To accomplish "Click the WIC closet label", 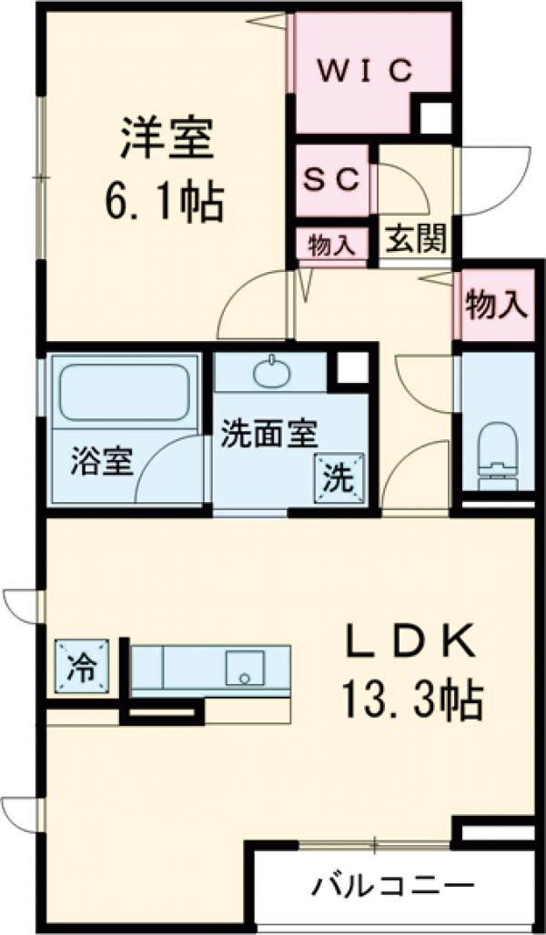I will (x=365, y=70).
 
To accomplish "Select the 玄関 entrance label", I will (x=415, y=241).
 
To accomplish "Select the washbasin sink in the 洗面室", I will (x=271, y=372).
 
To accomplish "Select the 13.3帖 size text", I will (x=411, y=699).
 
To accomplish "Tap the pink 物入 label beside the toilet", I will (x=496, y=306).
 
